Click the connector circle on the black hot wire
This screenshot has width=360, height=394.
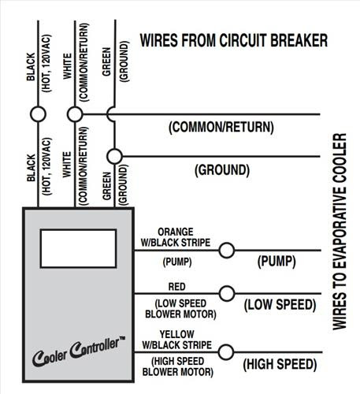coord(38,114)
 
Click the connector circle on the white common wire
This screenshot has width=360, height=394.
coord(75,114)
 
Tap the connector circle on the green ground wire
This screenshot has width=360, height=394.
coord(114,156)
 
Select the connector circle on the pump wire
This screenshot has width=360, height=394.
coord(226,250)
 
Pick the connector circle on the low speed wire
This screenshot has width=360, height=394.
coord(227,293)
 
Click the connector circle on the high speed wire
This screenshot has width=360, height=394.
coord(226,352)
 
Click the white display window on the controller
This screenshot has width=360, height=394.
coord(78,248)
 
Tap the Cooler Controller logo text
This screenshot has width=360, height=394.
coord(79,351)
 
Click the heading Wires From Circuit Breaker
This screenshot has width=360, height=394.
coord(234,40)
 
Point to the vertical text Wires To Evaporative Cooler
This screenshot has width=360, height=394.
coord(340,232)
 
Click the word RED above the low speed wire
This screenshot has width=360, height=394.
coord(177,287)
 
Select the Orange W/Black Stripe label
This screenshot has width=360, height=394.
coord(176,237)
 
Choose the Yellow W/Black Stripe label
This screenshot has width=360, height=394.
coord(177,340)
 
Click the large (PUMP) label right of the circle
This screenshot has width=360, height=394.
coord(276,262)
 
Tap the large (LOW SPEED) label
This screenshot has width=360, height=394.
coord(280,305)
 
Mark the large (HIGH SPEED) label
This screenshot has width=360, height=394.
coord(280,364)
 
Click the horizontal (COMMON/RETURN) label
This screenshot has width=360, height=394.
coord(221,127)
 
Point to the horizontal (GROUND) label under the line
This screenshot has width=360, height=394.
coord(222,170)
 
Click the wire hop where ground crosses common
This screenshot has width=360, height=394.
coord(110,114)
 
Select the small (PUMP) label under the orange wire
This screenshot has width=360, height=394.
coord(177,262)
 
